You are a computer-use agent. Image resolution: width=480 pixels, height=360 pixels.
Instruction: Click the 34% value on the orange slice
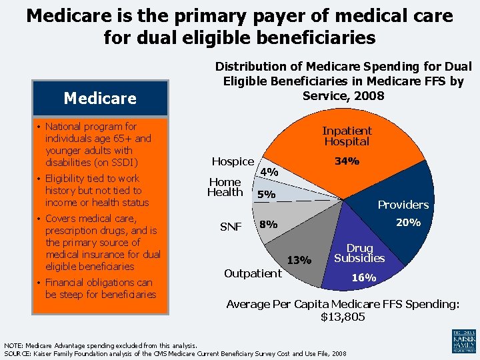(347, 161)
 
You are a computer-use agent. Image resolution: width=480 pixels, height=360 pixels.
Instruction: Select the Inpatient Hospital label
(347, 136)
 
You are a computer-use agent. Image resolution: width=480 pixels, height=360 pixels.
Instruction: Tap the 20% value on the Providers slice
(408, 223)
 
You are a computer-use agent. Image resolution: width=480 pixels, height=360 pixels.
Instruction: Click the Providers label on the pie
(403, 205)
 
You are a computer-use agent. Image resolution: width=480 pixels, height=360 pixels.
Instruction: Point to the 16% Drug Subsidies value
(364, 277)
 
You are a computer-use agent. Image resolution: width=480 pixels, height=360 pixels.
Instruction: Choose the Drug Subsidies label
(359, 253)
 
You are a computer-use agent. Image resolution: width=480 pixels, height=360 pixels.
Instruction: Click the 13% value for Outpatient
(299, 260)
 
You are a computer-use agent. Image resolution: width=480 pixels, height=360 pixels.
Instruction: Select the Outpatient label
(253, 273)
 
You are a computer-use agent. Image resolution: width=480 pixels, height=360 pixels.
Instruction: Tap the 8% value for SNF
(269, 225)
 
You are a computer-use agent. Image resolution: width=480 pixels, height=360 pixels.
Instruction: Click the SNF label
(231, 227)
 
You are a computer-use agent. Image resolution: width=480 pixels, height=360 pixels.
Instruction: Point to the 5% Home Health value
(266, 195)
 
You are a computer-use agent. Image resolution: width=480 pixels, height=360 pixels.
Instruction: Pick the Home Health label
(225, 187)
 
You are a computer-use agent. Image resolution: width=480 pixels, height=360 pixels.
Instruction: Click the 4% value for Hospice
(269, 172)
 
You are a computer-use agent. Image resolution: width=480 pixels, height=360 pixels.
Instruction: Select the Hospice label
(233, 161)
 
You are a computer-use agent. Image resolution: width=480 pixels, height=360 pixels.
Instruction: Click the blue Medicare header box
(100, 98)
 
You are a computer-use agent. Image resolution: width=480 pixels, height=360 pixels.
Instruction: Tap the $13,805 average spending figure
(343, 317)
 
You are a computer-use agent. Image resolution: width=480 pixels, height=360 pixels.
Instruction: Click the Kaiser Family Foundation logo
(463, 341)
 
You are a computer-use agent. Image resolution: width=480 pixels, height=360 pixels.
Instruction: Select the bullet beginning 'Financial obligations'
(99, 289)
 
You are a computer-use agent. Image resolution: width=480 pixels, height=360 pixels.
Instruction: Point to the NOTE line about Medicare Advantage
(101, 345)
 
